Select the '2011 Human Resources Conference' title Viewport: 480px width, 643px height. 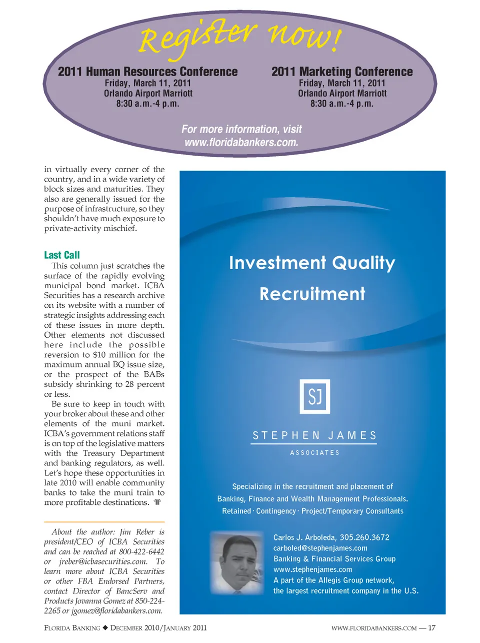pos(147,72)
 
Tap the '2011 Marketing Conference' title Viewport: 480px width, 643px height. pos(342,72)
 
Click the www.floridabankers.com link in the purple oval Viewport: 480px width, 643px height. pos(241,142)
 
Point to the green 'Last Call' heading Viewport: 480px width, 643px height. pos(62,255)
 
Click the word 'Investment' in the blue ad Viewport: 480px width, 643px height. pos(277,263)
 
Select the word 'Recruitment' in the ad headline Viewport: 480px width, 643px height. pos(312,294)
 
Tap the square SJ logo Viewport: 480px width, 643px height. pos(314,396)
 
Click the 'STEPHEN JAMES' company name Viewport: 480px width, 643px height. pos(314,435)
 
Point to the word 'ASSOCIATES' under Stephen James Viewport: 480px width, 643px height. pos(314,453)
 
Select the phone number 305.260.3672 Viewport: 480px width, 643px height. pos(364,537)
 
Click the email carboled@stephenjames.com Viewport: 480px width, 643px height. pos(320,548)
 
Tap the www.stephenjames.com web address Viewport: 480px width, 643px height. pos(312,569)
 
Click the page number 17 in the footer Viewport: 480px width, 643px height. pos(432,628)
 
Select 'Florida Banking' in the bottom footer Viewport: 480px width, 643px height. pos(72,628)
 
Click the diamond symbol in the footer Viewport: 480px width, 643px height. pos(105,628)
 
